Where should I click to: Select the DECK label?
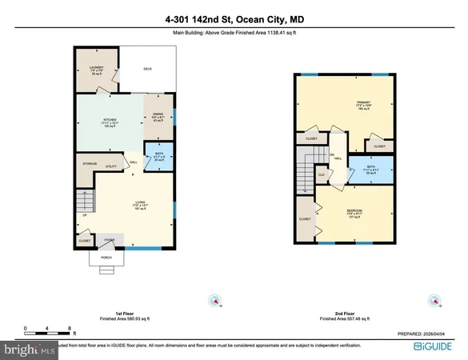[x=147, y=69]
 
